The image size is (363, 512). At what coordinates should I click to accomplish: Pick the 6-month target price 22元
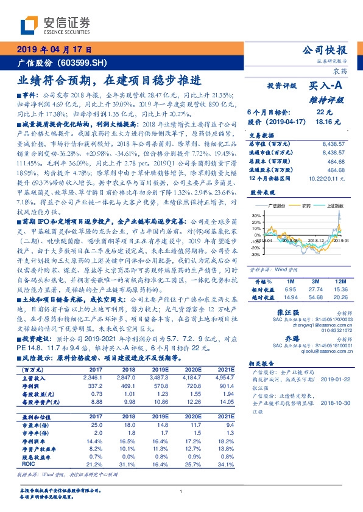pyautogui.click(x=324, y=112)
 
